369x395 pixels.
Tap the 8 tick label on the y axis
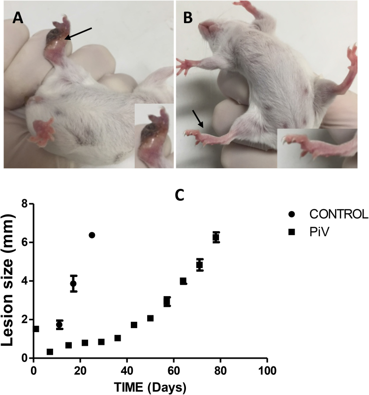24,204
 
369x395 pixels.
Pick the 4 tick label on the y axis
24,281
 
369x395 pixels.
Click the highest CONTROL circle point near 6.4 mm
92,235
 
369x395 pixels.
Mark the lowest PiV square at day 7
50,352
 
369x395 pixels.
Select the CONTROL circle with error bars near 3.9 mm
73,283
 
